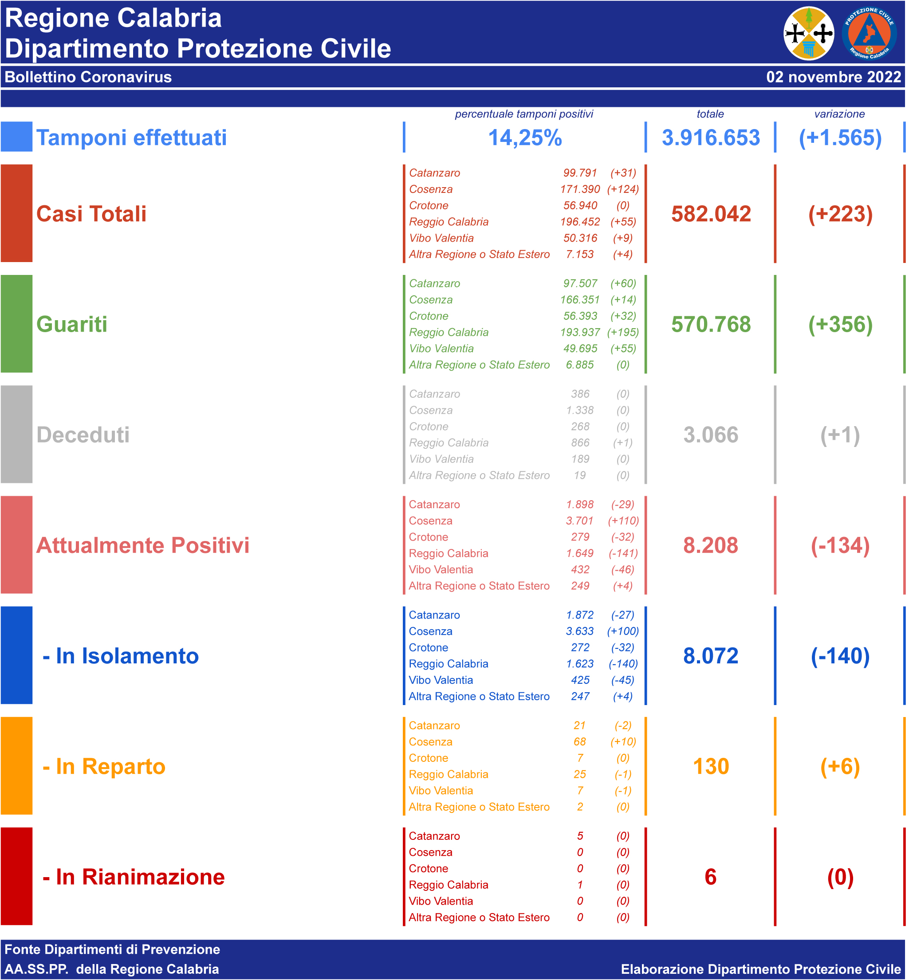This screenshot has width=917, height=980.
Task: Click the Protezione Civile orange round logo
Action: pyautogui.click(x=869, y=34)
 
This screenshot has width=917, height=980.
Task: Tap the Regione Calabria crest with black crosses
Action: pyautogui.click(x=808, y=34)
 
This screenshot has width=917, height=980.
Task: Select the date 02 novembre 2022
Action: pyautogui.click(x=833, y=77)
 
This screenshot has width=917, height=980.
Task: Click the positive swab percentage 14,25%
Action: pyautogui.click(x=525, y=137)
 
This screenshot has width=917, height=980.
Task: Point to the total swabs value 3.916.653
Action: pyautogui.click(x=710, y=137)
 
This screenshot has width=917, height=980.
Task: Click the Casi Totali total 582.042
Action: pyautogui.click(x=711, y=214)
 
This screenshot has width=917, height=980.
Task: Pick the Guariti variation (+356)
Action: pyautogui.click(x=840, y=324)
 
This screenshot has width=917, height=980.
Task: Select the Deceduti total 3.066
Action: pyautogui.click(x=710, y=435)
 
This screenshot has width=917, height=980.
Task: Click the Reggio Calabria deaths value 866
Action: pyautogui.click(x=580, y=443)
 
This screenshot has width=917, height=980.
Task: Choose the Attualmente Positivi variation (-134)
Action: pyautogui.click(x=840, y=545)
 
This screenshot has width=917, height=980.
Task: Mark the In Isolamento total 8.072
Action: pyautogui.click(x=710, y=656)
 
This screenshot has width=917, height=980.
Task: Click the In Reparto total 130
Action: pyautogui.click(x=711, y=767)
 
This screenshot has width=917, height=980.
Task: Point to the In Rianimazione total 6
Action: pyautogui.click(x=710, y=877)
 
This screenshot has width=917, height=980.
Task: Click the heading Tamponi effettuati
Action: pyautogui.click(x=131, y=137)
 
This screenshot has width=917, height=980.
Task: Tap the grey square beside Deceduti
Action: pyautogui.click(x=16, y=434)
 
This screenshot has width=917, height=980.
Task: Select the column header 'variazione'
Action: pyautogui.click(x=839, y=114)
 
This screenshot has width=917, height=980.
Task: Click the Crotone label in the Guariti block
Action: pyautogui.click(x=429, y=316)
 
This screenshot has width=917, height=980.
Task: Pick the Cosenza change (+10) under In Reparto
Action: pyautogui.click(x=623, y=742)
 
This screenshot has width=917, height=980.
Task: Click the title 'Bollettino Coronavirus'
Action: pyautogui.click(x=88, y=77)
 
